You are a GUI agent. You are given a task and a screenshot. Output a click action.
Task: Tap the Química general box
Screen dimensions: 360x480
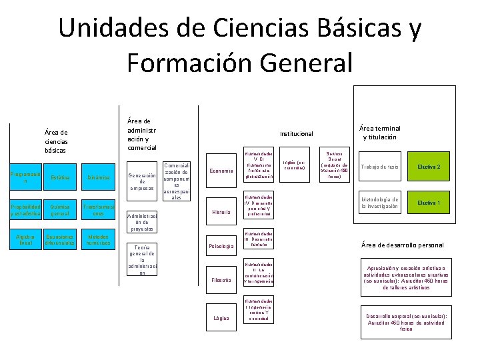point(60,210)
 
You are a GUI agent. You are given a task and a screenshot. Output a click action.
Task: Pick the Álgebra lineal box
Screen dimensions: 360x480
point(25,240)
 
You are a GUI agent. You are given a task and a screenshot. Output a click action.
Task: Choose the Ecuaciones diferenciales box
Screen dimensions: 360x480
point(60,240)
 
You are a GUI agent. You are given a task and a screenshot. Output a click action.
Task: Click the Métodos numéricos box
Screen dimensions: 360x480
point(99,240)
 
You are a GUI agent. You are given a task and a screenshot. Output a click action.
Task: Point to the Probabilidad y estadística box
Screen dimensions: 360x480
point(25,210)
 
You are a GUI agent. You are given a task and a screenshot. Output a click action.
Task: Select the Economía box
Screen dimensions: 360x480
point(221,171)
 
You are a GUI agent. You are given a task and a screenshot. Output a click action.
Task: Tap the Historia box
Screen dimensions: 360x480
point(221,212)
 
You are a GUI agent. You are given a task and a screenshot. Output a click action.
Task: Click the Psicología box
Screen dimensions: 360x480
point(221,247)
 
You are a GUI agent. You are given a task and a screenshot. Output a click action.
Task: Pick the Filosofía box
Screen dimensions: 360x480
point(221,279)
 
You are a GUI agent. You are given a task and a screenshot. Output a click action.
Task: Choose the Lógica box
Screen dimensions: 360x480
point(221,318)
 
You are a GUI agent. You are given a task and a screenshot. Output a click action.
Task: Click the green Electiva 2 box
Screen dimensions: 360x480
point(429,167)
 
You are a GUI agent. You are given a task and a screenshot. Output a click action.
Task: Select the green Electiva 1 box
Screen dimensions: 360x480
point(429,202)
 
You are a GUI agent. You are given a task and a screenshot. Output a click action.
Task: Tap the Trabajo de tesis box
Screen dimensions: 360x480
point(379,167)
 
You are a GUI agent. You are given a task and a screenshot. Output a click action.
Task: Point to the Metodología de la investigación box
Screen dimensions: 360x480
point(379,203)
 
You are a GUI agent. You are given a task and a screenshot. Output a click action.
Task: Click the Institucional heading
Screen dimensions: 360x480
point(296,133)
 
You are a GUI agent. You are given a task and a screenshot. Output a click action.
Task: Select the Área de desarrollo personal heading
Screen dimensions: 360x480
point(402,245)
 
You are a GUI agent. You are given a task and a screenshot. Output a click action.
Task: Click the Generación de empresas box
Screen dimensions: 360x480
point(142,181)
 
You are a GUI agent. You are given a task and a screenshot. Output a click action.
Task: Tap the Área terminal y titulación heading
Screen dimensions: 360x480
point(379,133)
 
